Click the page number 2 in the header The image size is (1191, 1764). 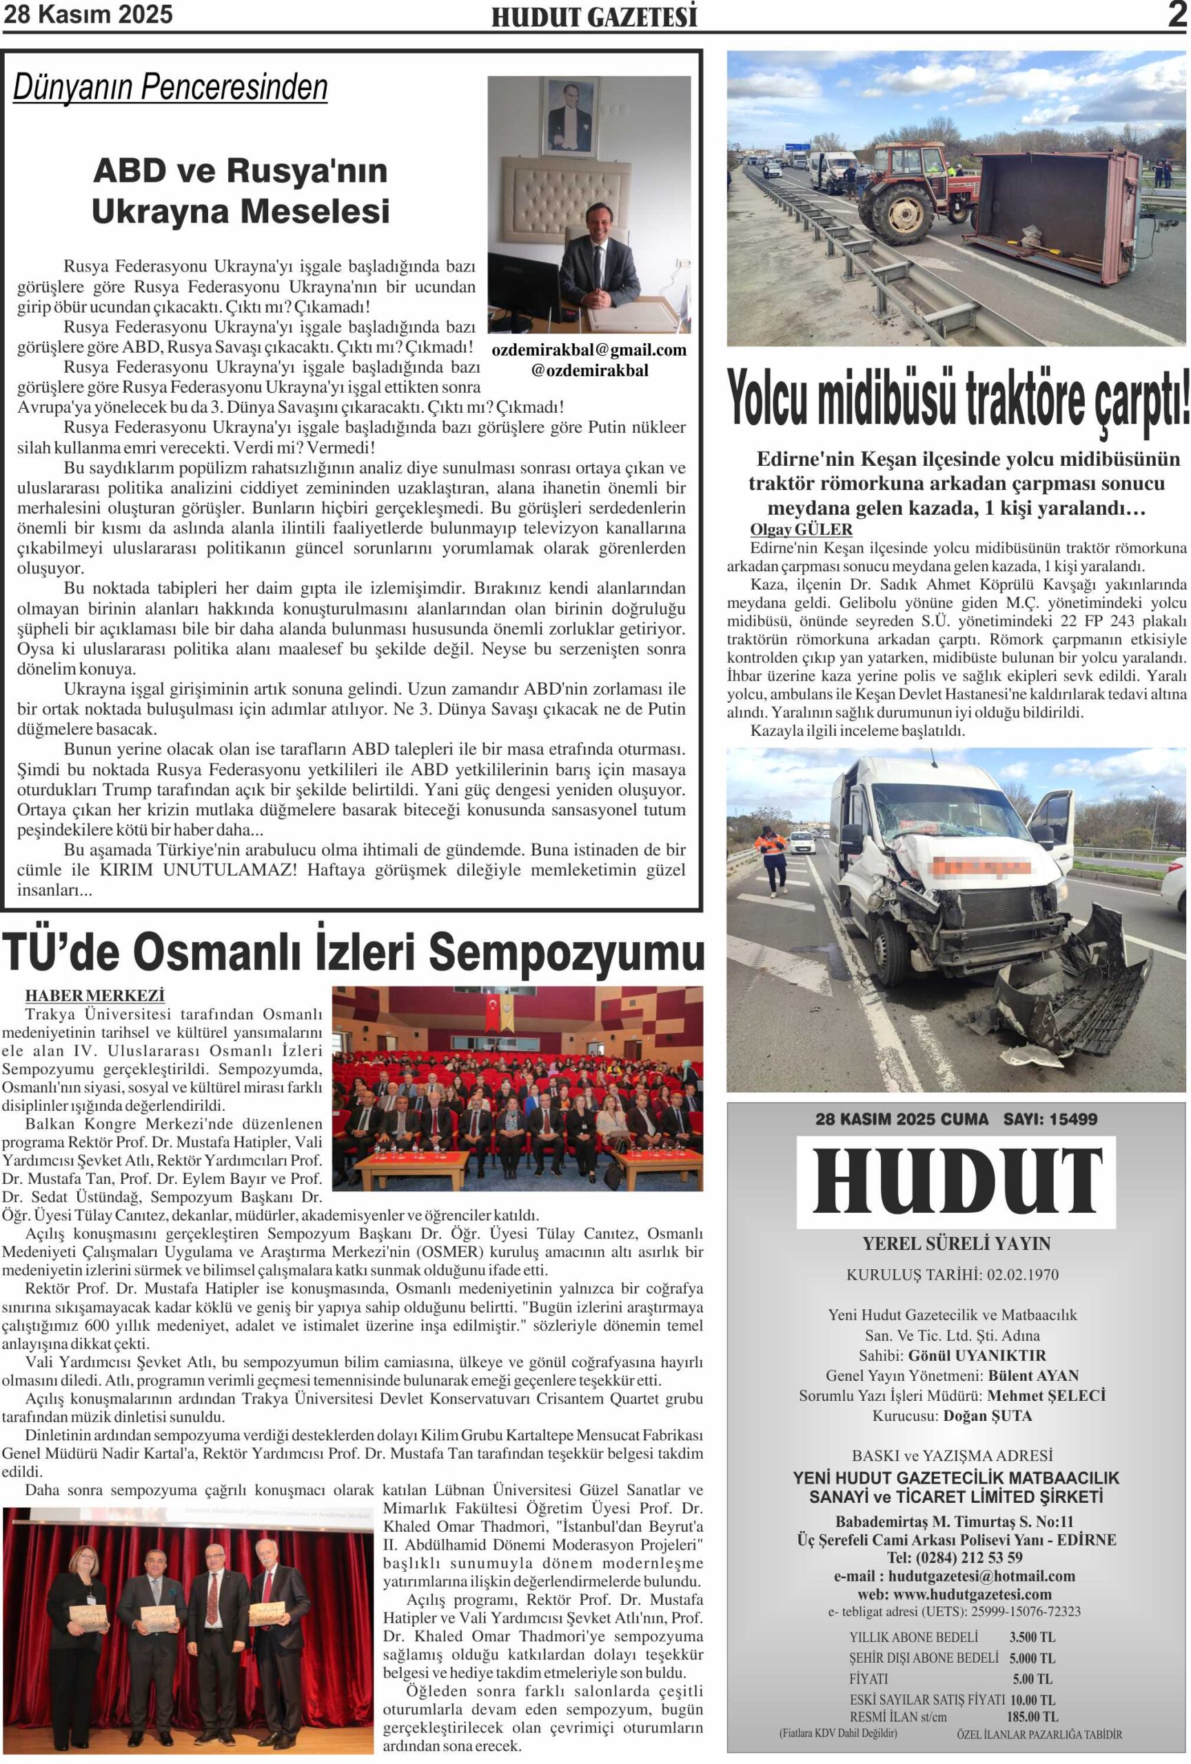1176,15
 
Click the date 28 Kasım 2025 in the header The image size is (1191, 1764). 89,14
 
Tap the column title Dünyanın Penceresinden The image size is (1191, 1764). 170,88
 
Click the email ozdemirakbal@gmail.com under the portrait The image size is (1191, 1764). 589,350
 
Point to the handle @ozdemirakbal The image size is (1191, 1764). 590,371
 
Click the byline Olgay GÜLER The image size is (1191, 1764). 801,530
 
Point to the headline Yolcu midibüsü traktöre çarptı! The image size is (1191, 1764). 958,399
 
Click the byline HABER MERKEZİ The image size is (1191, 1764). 95,995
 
